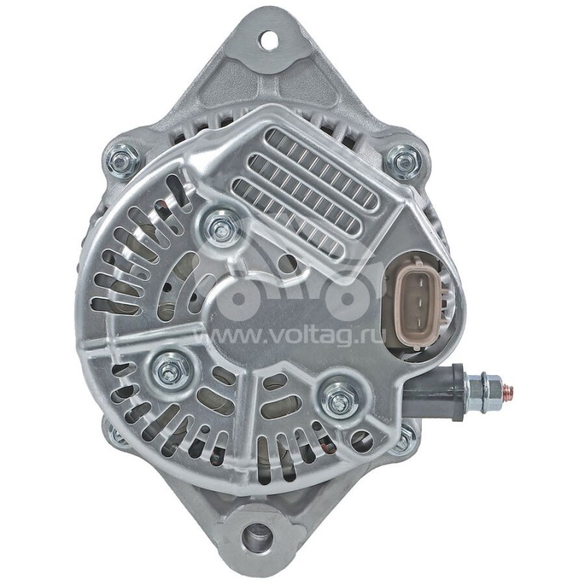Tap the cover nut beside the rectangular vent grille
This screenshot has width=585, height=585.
(x=218, y=227)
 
